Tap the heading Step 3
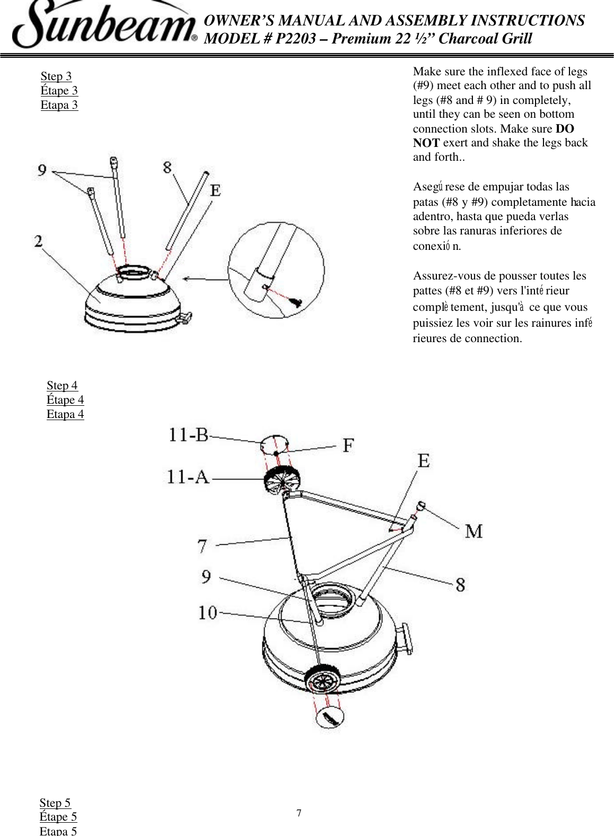tap(56, 76)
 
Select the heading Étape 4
tap(65, 400)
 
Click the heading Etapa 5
tap(58, 831)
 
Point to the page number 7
tap(299, 814)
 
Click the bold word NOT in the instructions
tap(426, 143)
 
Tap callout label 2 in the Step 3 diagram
tap(39, 242)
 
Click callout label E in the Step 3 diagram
tap(215, 190)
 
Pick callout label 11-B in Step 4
tap(188, 436)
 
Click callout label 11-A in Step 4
tap(188, 477)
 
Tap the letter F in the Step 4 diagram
tap(348, 445)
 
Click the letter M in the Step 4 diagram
tap(473, 531)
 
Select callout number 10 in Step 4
tap(208, 613)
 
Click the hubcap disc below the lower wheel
tap(330, 718)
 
